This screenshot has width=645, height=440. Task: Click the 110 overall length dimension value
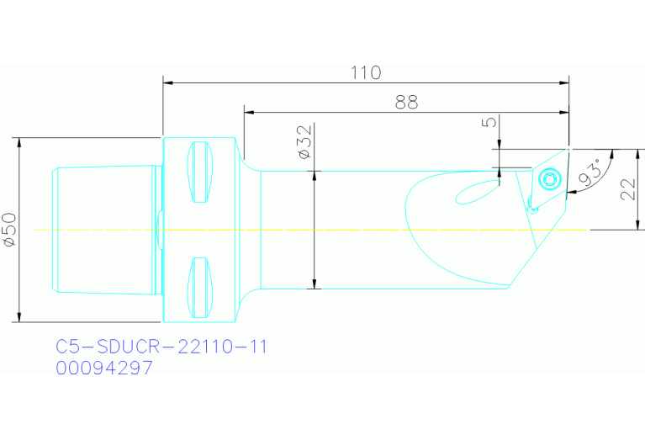coord(365,72)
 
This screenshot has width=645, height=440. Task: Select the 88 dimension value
coord(406,102)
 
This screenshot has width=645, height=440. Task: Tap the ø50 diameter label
coord(9,229)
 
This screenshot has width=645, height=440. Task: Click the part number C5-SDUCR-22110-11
coord(161,347)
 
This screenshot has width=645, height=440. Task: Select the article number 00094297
coord(104,368)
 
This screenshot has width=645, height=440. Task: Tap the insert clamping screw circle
coord(550,178)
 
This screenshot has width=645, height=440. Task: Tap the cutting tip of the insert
coord(569,147)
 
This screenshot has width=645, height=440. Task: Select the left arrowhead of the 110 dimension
coord(167,82)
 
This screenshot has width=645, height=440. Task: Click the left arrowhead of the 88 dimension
coord(248,111)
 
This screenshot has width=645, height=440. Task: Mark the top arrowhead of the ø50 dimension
coord(19,141)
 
